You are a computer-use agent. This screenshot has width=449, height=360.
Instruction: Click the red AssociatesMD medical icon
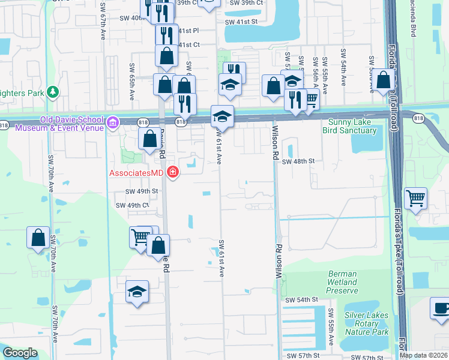[x=173, y=173]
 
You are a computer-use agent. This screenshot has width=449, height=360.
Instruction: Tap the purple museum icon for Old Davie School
[x=112, y=123]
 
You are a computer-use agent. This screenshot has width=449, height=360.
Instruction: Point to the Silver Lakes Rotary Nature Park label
[x=366, y=323]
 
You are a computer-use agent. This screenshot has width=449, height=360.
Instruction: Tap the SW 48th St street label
[x=298, y=161]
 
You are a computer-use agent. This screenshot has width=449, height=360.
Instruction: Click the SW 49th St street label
[x=141, y=191]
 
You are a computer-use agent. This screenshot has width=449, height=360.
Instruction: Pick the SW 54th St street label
[x=300, y=299]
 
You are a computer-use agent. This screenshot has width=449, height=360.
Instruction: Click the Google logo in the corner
[x=20, y=353]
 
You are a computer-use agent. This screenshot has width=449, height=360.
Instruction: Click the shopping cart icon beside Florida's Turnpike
[x=415, y=198]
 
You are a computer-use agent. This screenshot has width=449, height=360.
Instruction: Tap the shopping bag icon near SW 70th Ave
[x=38, y=238]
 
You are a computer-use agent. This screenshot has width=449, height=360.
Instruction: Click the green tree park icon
[x=53, y=91]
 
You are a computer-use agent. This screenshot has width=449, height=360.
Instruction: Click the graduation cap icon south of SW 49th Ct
[x=137, y=292]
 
